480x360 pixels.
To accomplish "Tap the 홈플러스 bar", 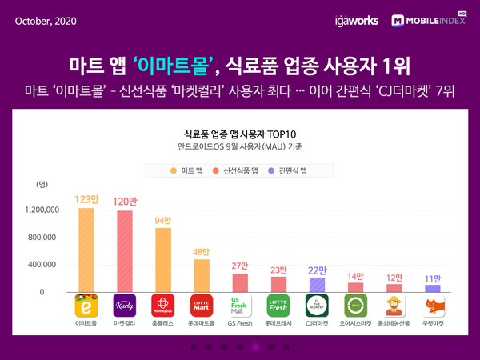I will [x=162, y=260].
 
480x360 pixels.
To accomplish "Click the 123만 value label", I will [x=86, y=200].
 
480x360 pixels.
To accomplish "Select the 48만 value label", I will [x=201, y=252].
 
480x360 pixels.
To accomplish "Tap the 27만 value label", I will [x=239, y=266].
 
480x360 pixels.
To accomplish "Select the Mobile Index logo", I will [x=430, y=20].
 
